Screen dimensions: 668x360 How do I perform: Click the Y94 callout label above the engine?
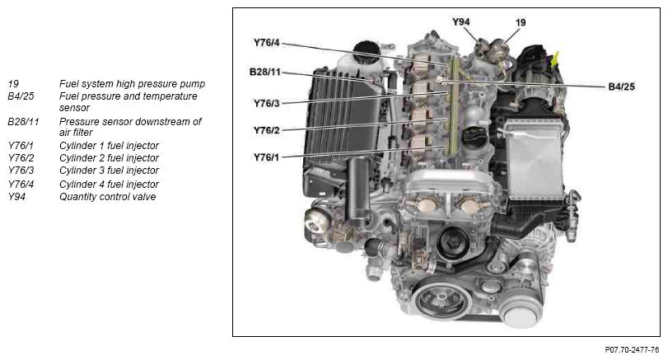460,21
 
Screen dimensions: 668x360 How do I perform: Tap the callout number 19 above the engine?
521,22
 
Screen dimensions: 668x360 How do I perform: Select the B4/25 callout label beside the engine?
621,86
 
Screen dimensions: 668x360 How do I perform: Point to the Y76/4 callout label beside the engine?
266,43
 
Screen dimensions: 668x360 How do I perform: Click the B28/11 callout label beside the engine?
265,72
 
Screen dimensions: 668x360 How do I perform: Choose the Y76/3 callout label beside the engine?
266,103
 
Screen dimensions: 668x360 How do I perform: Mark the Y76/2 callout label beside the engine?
266,130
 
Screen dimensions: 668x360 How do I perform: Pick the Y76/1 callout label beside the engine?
266,157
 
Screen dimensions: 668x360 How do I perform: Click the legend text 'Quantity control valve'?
107,197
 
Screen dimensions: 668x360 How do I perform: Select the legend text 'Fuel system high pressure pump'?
132,84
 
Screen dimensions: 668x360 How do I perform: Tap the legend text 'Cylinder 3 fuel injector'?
109,171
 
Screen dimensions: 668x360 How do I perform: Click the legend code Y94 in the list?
16,197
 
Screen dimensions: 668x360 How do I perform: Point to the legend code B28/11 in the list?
23,122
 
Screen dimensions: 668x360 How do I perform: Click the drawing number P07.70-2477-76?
632,350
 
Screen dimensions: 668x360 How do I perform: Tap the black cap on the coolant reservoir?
367,50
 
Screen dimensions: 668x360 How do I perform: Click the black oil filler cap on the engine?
474,136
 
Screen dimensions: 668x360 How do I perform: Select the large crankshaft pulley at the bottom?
441,301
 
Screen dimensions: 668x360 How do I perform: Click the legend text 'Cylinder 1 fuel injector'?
109,146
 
